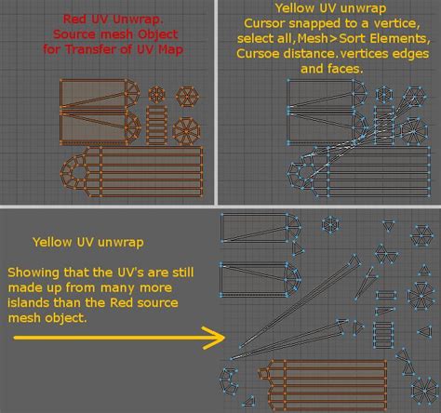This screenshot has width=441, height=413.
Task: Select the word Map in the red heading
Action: click(x=170, y=49)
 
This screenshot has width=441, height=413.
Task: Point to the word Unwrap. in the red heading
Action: click(x=138, y=20)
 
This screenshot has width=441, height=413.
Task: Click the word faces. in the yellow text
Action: click(x=347, y=69)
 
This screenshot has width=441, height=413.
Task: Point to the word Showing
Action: click(x=33, y=273)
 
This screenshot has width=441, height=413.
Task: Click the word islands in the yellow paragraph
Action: click(x=29, y=302)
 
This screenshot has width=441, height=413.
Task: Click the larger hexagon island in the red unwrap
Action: click(x=187, y=97)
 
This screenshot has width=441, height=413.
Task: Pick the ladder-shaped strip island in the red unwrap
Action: click(x=156, y=125)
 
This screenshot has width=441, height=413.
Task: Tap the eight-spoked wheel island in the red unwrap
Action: click(x=186, y=131)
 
